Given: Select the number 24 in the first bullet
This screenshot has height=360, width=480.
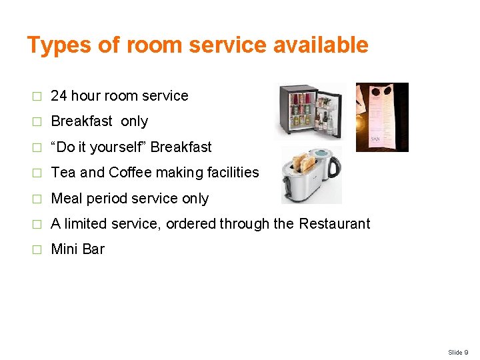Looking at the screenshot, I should click(59, 96).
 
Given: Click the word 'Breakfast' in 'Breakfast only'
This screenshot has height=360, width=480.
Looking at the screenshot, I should click(81, 121).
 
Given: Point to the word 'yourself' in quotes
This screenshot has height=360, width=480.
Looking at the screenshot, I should click(121, 147).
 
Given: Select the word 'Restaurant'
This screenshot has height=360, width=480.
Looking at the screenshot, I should click(334, 224).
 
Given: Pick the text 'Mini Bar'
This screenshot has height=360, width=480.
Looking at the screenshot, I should click(77, 250).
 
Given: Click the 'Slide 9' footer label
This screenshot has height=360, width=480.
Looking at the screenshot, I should click(458, 352).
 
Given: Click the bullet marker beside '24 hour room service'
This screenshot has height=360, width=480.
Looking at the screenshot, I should click(37, 97).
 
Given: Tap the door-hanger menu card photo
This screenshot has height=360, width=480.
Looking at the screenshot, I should click(382, 117).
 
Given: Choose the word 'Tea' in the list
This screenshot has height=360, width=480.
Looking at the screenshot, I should click(63, 173).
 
